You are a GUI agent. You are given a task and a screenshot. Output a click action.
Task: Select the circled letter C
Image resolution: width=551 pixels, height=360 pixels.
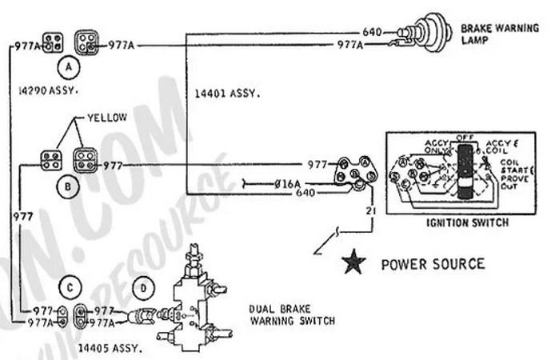70,286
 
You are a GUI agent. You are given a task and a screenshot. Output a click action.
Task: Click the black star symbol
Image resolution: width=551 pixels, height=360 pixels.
349,263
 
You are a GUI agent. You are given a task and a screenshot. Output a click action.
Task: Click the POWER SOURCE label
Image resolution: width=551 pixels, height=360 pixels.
432,263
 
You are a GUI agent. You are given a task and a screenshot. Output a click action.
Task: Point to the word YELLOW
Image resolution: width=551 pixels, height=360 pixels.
107,117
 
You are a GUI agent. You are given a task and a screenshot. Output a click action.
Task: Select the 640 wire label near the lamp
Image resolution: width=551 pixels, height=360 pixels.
373,33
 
